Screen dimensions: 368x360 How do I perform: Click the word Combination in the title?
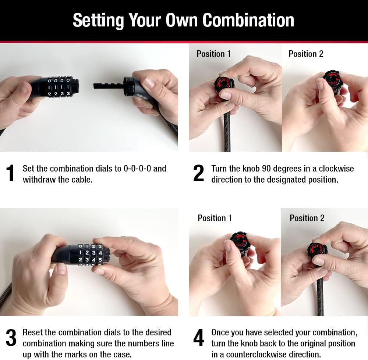[x=248, y=20]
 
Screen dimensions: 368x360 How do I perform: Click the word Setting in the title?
[x=98, y=21]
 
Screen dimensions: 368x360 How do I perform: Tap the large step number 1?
[x=10, y=173]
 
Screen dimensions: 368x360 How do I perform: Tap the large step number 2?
[x=199, y=173]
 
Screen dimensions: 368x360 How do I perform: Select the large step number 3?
[x=11, y=338]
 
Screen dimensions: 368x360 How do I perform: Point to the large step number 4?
[x=199, y=338]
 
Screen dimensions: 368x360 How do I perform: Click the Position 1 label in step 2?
[x=213, y=54]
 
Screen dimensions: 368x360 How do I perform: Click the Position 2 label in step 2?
[x=306, y=54]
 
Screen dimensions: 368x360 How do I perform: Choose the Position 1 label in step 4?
[x=215, y=218]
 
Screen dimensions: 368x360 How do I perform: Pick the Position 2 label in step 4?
[x=307, y=218]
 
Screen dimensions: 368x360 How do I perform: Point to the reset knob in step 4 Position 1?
[x=240, y=241]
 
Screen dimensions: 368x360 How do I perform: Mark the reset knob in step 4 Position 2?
[x=317, y=251]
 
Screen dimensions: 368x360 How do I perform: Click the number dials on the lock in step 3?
[x=91, y=255]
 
